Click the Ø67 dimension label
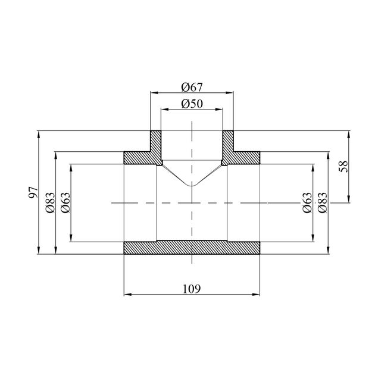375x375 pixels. point(192,87)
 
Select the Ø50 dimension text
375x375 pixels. point(192,104)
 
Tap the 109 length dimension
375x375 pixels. point(192,289)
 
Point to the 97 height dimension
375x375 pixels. point(33,192)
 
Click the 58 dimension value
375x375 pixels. point(343,166)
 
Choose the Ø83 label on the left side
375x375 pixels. point(50,202)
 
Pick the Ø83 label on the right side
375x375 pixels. point(322,202)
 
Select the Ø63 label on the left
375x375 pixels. point(65,202)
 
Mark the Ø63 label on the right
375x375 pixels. point(307,202)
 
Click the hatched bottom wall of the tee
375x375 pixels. point(192,248)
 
